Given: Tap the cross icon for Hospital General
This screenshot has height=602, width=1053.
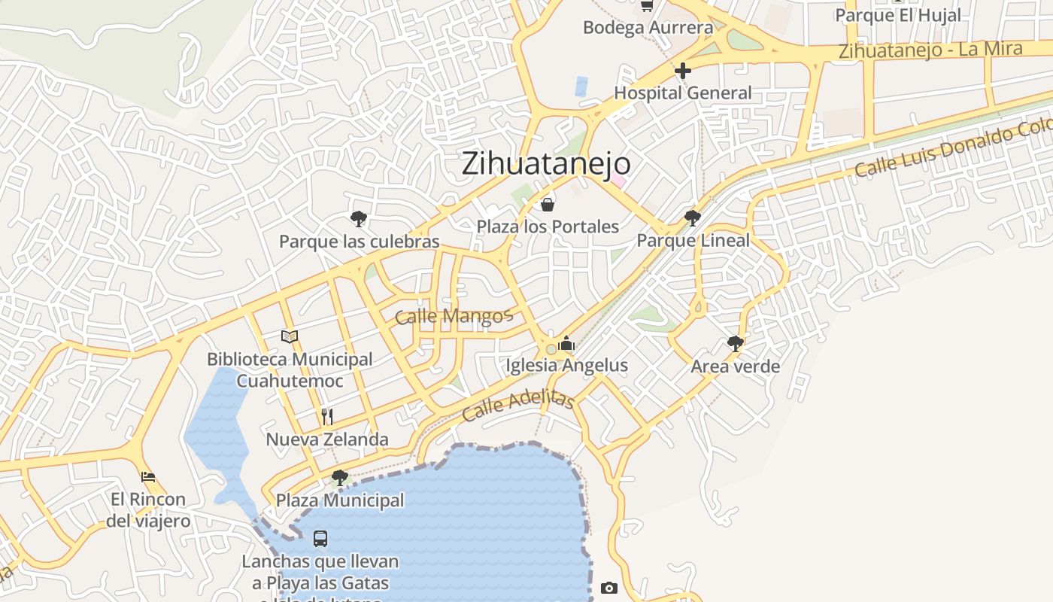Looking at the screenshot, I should pyautogui.click(x=683, y=71).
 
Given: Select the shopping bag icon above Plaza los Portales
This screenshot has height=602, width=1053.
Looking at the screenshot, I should pyautogui.click(x=548, y=204).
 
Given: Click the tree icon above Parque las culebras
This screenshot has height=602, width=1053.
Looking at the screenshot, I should pyautogui.click(x=359, y=219).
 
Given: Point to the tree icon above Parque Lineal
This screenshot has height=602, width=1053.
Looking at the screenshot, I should pyautogui.click(x=693, y=218).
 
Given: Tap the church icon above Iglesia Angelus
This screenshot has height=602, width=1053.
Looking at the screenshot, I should pyautogui.click(x=567, y=344).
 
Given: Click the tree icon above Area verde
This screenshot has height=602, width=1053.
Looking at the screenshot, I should pyautogui.click(x=736, y=344).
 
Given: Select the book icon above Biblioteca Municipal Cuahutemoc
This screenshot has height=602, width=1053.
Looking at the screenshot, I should pyautogui.click(x=290, y=336).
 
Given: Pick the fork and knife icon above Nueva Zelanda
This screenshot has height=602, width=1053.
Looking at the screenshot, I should pyautogui.click(x=327, y=417).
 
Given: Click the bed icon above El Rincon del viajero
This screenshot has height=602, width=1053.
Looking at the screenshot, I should pyautogui.click(x=148, y=477).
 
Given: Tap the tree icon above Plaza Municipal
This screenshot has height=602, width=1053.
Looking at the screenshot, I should pyautogui.click(x=340, y=477).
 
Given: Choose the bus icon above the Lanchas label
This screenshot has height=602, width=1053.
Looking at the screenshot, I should pyautogui.click(x=320, y=539).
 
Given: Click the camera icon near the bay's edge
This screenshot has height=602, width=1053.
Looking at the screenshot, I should pyautogui.click(x=609, y=588).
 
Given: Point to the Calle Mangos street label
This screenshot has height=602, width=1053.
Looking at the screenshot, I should pyautogui.click(x=453, y=316).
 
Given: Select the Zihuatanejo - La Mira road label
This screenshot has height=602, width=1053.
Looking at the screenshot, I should pyautogui.click(x=930, y=50).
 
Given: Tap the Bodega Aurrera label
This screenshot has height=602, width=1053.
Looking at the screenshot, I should pyautogui.click(x=648, y=28).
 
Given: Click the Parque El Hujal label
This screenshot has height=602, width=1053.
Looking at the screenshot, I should pyautogui.click(x=898, y=15).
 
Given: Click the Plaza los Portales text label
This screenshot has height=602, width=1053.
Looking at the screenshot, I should pyautogui.click(x=548, y=227).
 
